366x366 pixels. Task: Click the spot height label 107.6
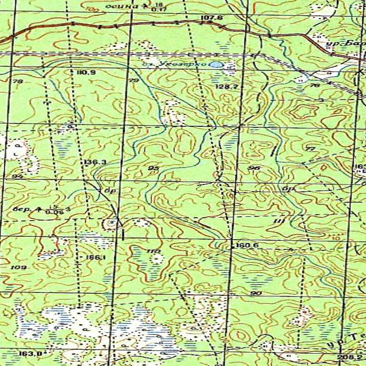pyautogui.click(x=212, y=18)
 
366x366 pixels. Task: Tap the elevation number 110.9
pyautogui.click(x=85, y=72)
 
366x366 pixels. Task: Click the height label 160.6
pyautogui.click(x=247, y=246)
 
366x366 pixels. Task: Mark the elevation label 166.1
pyautogui.click(x=95, y=257)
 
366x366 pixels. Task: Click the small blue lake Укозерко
pyautogui.click(x=216, y=64)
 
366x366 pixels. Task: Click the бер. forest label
pyautogui.click(x=22, y=209)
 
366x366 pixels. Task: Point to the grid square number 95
pyautogui.click(x=153, y=169)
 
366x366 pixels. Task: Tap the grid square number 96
pyautogui.click(x=255, y=169)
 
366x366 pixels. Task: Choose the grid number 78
pyautogui.click(x=18, y=81)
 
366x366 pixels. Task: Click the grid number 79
pyautogui.click(x=134, y=81)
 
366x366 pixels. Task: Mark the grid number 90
pyautogui.click(x=256, y=293)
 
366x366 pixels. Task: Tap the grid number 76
pyautogui.click(x=315, y=85)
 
